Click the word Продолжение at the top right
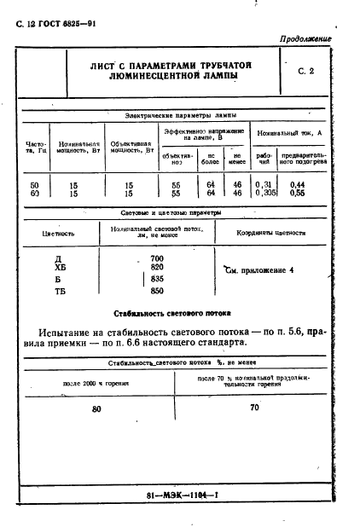(x=305, y=40)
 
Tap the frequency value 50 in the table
(x=34, y=185)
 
